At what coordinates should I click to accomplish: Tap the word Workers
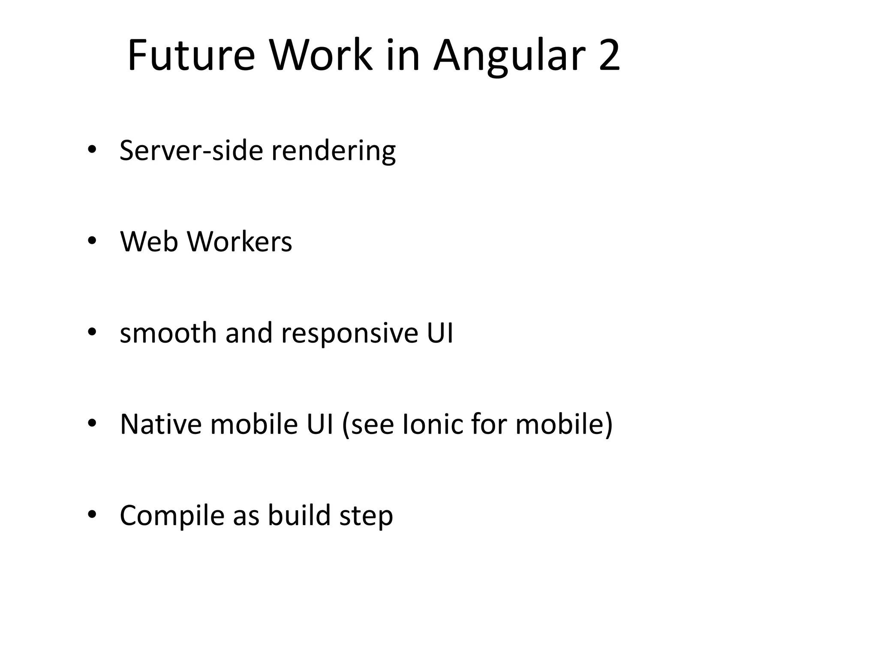(240, 241)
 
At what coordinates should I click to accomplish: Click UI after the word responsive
(440, 332)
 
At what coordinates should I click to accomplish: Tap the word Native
(161, 424)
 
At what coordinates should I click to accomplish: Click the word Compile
(172, 515)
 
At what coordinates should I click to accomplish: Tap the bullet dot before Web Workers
(92, 241)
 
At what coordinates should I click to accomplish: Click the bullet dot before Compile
(92, 514)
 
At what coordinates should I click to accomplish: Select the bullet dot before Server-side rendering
(92, 150)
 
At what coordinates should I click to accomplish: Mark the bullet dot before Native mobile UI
(92, 423)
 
